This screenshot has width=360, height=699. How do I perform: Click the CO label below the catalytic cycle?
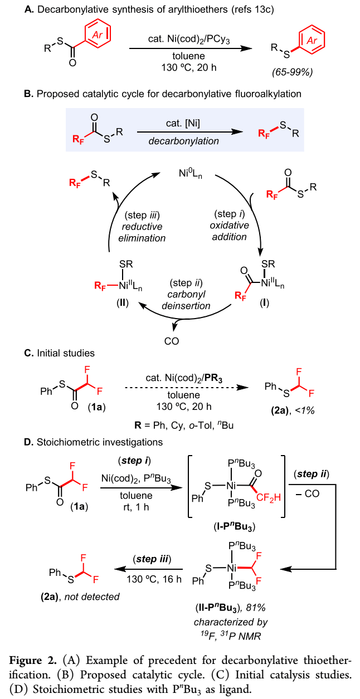[172, 340]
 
